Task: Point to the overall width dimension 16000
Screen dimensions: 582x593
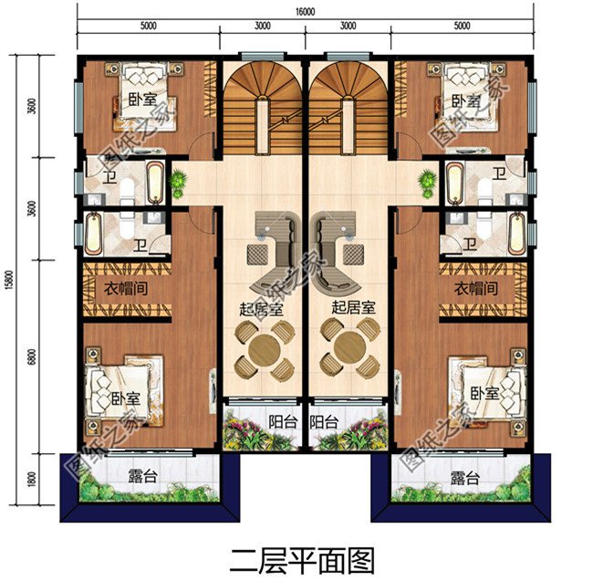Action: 305,13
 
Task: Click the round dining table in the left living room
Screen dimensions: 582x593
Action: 263,348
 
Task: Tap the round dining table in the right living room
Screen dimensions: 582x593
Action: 348,348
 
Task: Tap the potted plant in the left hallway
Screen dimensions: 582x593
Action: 180,181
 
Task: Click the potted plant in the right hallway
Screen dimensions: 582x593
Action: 426,181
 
